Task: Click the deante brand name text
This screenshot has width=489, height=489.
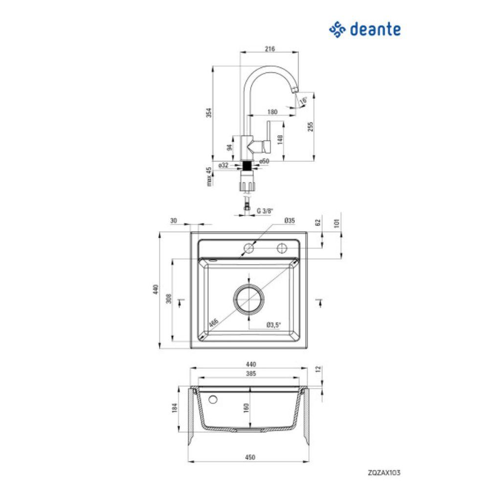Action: pyautogui.click(x=375, y=29)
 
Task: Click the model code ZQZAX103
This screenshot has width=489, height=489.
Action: pyautogui.click(x=384, y=472)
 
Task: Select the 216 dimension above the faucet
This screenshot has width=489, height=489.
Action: pyautogui.click(x=270, y=48)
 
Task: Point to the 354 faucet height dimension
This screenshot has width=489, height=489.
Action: pyautogui.click(x=209, y=112)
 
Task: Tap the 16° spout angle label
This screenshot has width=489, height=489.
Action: pyautogui.click(x=304, y=100)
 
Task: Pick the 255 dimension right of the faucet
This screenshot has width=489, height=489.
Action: pyautogui.click(x=311, y=127)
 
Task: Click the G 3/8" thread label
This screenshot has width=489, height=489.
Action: pyautogui.click(x=265, y=211)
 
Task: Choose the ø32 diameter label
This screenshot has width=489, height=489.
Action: pyautogui.click(x=223, y=165)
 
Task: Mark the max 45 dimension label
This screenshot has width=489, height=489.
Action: pyautogui.click(x=209, y=177)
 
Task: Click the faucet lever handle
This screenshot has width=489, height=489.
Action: pyautogui.click(x=267, y=137)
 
